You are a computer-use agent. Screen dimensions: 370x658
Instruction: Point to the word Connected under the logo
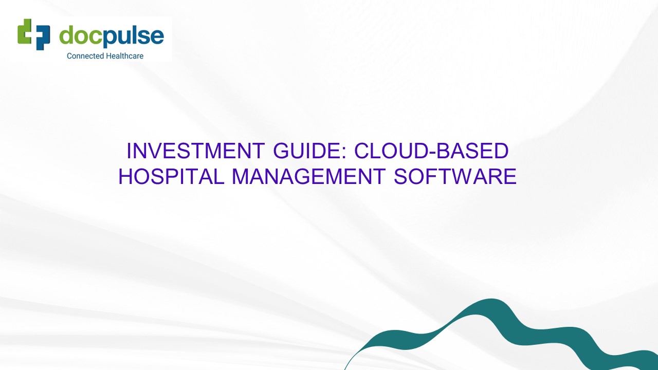85,55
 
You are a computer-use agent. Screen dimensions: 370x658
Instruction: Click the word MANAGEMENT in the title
308,176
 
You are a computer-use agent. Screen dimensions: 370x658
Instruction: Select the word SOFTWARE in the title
455,176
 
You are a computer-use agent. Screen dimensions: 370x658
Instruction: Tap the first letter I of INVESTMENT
130,151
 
